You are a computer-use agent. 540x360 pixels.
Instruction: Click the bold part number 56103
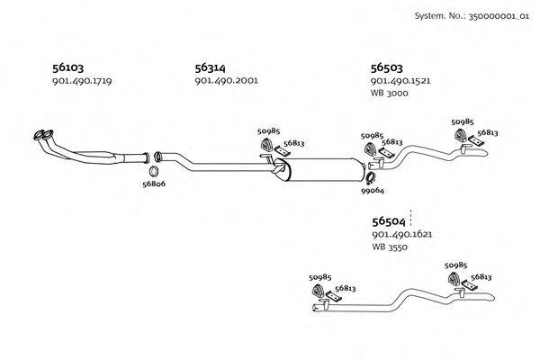68,67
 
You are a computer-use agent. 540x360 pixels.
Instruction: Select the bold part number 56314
211,67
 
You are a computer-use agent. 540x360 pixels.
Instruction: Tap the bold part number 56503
387,67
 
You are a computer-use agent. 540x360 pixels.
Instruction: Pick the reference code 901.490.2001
226,81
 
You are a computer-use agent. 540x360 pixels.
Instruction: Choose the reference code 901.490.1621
402,234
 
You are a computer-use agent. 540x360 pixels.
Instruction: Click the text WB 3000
390,94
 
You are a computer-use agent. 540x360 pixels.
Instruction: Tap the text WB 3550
390,247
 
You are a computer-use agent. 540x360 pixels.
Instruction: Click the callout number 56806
154,184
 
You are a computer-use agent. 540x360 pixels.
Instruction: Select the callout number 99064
373,191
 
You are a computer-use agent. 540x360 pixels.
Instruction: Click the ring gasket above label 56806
154,170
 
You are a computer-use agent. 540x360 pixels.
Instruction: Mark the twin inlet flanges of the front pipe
41,136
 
